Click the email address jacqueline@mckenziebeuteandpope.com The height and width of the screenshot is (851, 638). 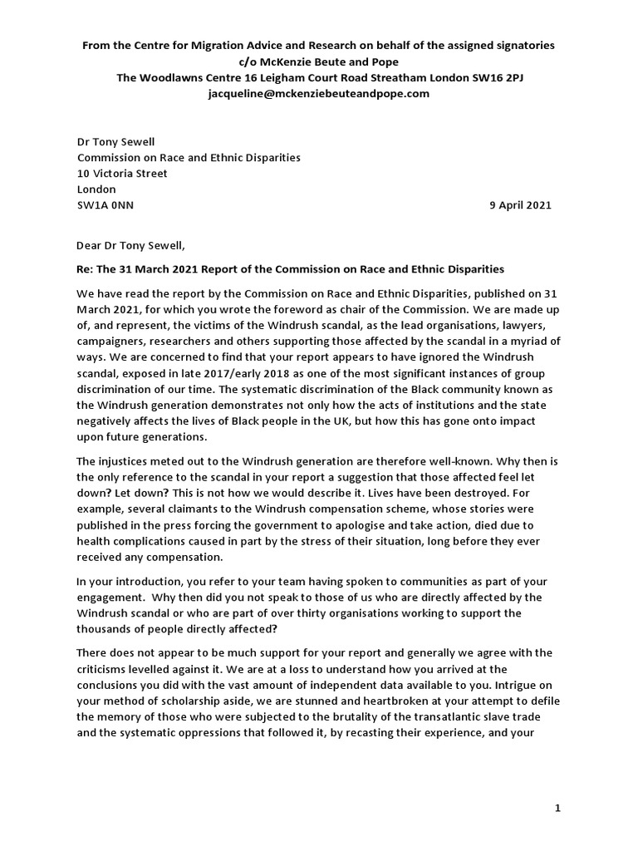coord(318,94)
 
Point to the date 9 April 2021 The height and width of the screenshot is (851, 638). coord(520,205)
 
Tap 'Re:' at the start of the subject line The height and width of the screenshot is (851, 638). coord(86,269)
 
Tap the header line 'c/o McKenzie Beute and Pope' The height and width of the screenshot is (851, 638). coord(318,61)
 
